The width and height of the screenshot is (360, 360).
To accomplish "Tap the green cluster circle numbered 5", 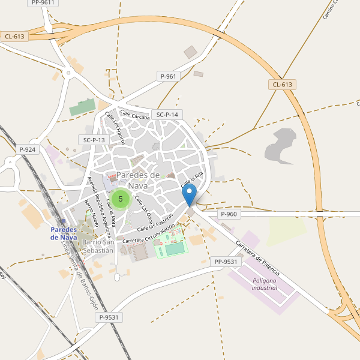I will click(x=121, y=199).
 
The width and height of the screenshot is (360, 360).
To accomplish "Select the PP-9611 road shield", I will click(x=42, y=2).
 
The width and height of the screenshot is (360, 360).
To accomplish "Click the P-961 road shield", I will click(x=169, y=76).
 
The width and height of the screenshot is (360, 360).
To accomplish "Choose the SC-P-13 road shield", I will click(x=94, y=140).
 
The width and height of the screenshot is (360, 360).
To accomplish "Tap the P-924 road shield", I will click(x=28, y=149).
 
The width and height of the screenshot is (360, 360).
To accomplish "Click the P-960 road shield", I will click(x=229, y=214).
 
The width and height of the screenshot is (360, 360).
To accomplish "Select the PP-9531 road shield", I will click(x=226, y=262).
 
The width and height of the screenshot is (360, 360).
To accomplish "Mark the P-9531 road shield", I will click(x=110, y=317).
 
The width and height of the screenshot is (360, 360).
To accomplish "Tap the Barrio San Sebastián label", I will click(x=98, y=246).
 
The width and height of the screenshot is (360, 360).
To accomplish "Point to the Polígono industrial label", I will click(x=264, y=284).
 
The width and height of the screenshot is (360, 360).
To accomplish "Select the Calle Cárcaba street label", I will click(x=134, y=115).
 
